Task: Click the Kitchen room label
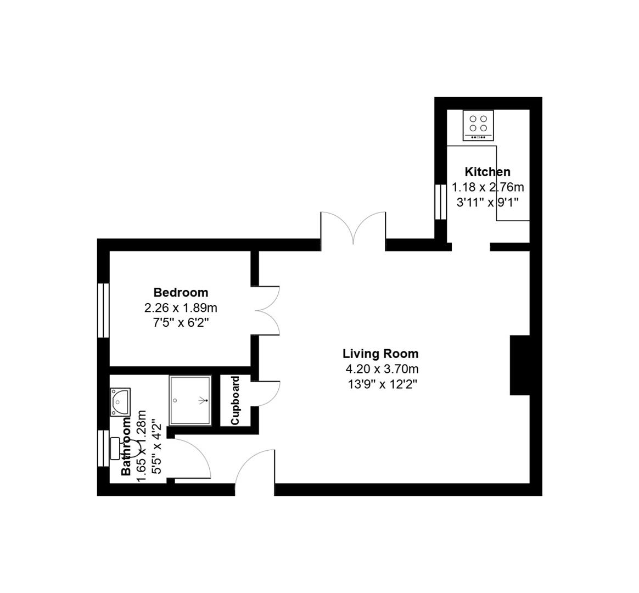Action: click(x=487, y=172)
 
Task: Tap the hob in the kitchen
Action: click(x=478, y=125)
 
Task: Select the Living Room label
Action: click(x=380, y=354)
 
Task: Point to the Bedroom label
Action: click(x=181, y=292)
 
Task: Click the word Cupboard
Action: click(x=236, y=400)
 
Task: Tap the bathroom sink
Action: click(x=120, y=401)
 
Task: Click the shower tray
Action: click(x=190, y=400)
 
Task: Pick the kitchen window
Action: click(x=440, y=202)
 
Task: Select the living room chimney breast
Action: click(x=520, y=365)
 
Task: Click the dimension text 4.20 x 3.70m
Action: click(x=380, y=369)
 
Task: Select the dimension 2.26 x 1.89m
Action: click(x=181, y=307)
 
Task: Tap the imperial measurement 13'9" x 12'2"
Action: click(x=380, y=384)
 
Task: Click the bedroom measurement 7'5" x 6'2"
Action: click(x=181, y=322)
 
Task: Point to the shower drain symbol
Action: click(x=206, y=401)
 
